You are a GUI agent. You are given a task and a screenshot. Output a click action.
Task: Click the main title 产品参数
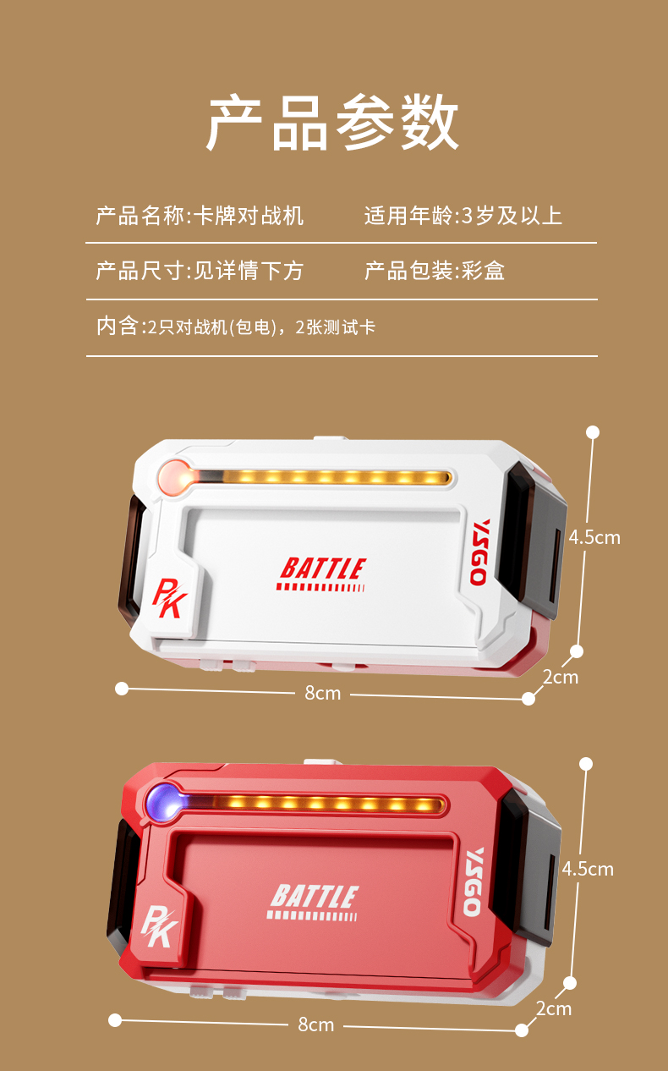pyautogui.click(x=333, y=123)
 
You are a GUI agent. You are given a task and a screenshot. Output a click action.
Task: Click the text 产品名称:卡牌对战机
pyautogui.click(x=200, y=216)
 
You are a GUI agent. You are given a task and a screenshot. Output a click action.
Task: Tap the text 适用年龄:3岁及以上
pyautogui.click(x=463, y=216)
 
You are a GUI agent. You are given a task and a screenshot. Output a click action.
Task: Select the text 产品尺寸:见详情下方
pyautogui.click(x=200, y=271)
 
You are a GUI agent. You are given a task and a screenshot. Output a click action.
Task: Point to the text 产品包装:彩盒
pyautogui.click(x=435, y=271)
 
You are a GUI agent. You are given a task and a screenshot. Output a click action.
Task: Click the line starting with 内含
pyautogui.click(x=236, y=327)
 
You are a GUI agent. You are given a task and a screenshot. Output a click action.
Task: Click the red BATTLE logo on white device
pyautogui.click(x=322, y=574)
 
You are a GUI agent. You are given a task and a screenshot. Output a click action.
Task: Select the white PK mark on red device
pyautogui.click(x=159, y=926)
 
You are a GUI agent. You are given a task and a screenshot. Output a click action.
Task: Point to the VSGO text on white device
pyautogui.click(x=479, y=552)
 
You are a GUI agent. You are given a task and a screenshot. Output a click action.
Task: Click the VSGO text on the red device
pyautogui.click(x=473, y=882)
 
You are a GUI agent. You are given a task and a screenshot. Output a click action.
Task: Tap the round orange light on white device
pyautogui.click(x=174, y=476)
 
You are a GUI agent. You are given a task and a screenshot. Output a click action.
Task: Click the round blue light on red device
pyautogui.click(x=163, y=799)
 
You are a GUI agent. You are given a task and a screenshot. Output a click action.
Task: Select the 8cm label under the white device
pyautogui.click(x=323, y=693)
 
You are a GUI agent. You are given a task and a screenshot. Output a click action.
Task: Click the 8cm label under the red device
pyautogui.click(x=316, y=1024)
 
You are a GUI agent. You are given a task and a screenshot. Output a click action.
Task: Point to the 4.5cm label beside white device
pyautogui.click(x=594, y=537)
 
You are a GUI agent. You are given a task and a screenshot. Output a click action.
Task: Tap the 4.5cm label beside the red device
pyautogui.click(x=588, y=869)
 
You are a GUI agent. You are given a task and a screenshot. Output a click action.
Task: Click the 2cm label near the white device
pyautogui.click(x=561, y=677)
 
